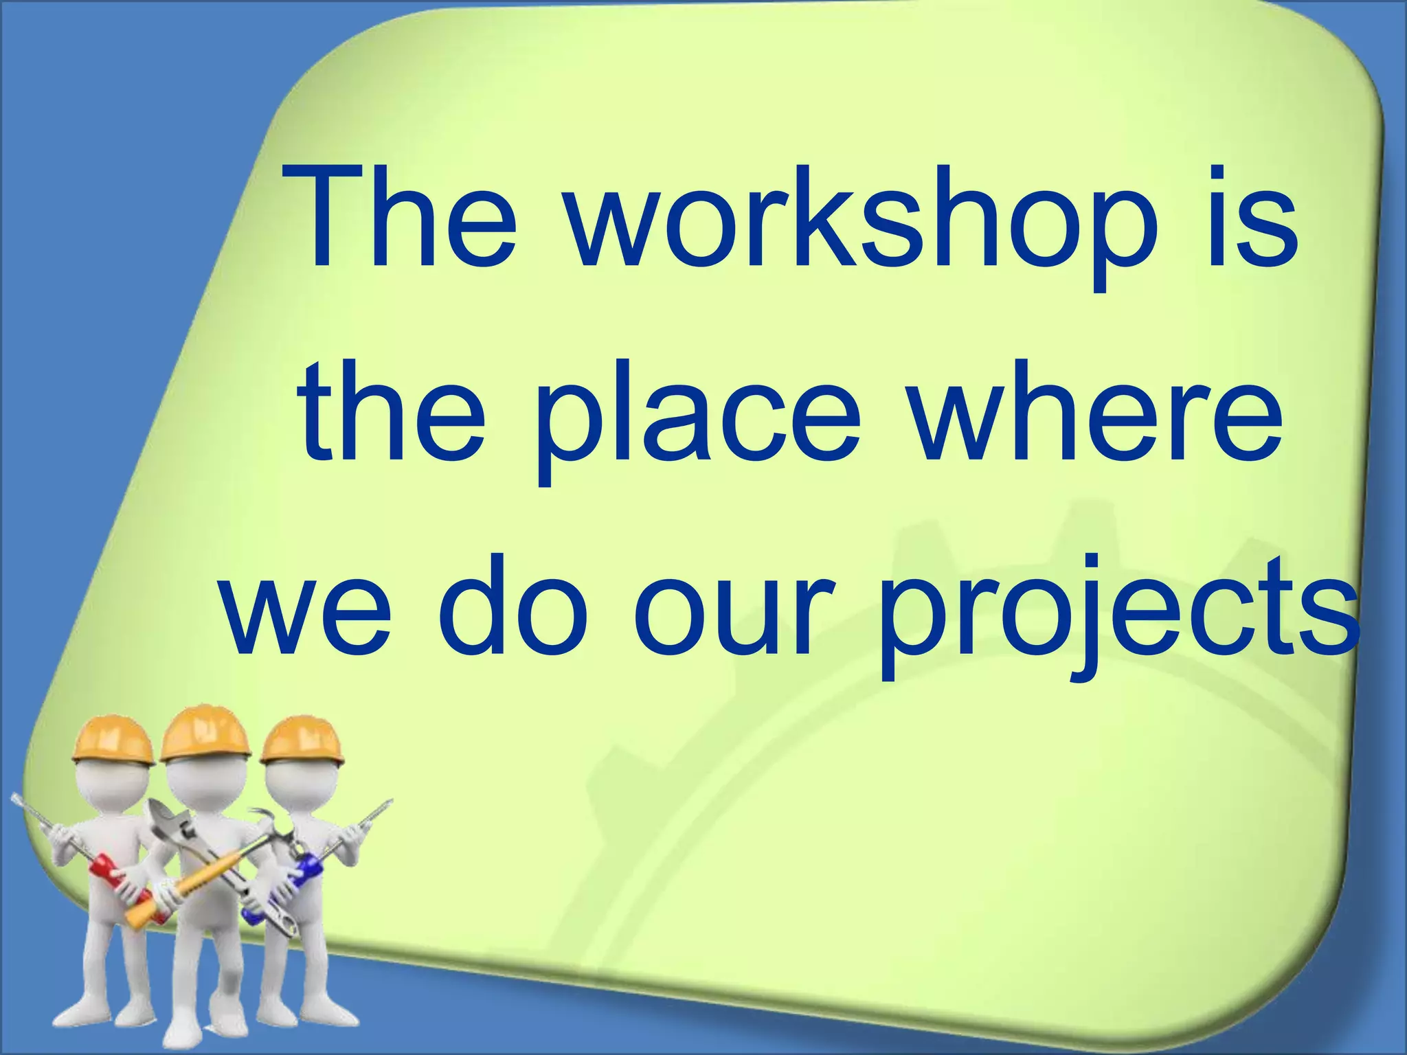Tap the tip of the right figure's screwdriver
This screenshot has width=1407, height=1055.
[x=388, y=804]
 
